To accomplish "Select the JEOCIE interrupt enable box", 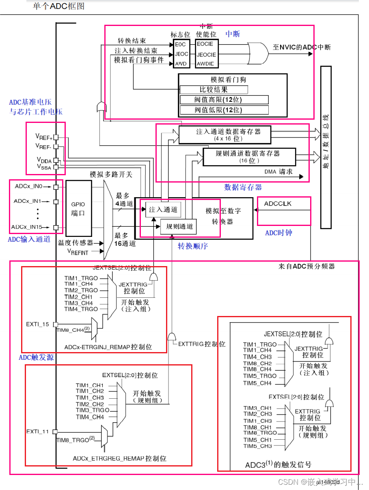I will (x=206, y=54).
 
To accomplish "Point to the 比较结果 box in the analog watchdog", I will (x=214, y=90).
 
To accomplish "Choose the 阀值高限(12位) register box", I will (x=224, y=100).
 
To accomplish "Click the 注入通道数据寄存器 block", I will (x=225, y=135).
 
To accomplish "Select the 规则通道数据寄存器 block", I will (x=248, y=157).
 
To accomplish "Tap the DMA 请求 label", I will (x=278, y=172).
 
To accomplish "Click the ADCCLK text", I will (x=278, y=203).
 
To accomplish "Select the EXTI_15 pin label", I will (x=38, y=324).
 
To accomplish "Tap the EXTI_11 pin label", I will (x=38, y=431).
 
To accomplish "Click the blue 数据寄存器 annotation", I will (x=243, y=187).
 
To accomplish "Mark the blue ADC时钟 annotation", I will (x=278, y=233).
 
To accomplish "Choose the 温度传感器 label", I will (x=76, y=243).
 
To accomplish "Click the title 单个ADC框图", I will (x=59, y=6).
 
